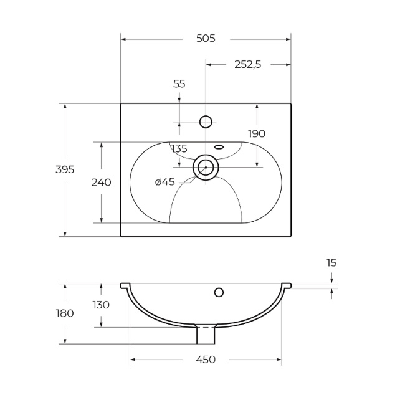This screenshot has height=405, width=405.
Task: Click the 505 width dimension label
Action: tap(206, 39)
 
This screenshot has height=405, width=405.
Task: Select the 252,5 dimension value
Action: tap(248, 64)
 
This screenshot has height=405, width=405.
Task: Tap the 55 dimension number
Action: tap(179, 84)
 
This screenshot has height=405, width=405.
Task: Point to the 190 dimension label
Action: tap(257, 133)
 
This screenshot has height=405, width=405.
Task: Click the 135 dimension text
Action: tap(179, 148)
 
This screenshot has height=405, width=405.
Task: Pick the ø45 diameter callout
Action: tap(164, 182)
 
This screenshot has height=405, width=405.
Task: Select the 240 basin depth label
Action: tap(101, 183)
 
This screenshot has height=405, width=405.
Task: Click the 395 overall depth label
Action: tap(65, 169)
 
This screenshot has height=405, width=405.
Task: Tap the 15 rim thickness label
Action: tap(331, 263)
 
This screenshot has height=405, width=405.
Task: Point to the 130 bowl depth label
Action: tap(101, 305)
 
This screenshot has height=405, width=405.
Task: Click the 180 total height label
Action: tap(65, 313)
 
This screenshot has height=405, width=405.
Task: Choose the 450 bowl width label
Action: tap(206, 360)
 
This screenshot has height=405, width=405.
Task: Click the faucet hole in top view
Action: tap(206, 121)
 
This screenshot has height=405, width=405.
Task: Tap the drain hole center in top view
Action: tap(206, 168)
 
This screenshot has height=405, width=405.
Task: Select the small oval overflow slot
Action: tap(219, 147)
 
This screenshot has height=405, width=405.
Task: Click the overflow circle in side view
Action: tap(219, 292)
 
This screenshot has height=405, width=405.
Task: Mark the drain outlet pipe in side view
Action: tap(206, 335)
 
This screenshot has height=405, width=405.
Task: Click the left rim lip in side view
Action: tap(125, 286)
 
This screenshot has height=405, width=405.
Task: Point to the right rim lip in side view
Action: tap(287, 285)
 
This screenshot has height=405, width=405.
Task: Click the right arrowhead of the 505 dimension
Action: tap(288, 39)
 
